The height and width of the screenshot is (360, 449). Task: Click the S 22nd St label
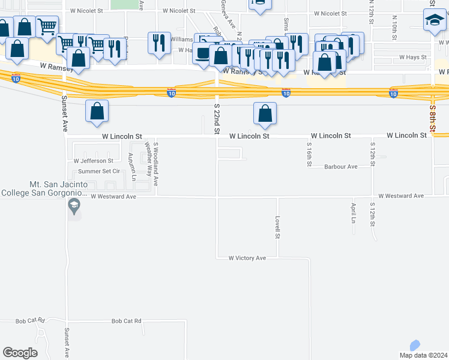[x=217, y=118]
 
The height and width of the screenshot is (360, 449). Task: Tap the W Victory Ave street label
[x=247, y=258]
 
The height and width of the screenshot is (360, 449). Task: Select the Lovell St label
[x=278, y=227]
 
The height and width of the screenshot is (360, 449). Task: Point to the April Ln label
[x=353, y=212]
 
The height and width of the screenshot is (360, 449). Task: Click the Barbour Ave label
[x=340, y=167]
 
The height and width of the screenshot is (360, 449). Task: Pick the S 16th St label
[x=309, y=154]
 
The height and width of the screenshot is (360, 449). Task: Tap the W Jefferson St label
[x=93, y=161]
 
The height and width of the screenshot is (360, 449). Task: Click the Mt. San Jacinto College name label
[x=45, y=189]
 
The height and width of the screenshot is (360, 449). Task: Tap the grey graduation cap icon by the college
[x=74, y=208]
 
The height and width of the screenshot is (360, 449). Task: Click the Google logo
[x=20, y=353]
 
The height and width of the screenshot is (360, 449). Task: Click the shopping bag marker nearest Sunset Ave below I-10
[x=97, y=112]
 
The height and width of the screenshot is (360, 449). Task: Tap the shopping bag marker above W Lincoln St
[x=265, y=113]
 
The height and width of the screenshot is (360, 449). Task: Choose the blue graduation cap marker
[x=434, y=22]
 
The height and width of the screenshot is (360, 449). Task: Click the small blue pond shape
[x=414, y=346]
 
